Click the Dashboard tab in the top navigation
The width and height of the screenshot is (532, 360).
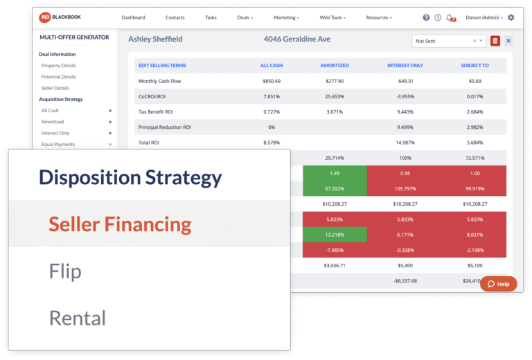(x=133, y=17)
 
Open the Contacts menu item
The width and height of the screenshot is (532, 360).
(x=175, y=17)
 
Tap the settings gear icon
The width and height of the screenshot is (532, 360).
(x=511, y=17)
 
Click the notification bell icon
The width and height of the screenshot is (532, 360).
(x=450, y=17)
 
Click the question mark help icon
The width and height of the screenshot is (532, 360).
(x=426, y=17)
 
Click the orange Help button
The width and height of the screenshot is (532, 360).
(x=498, y=284)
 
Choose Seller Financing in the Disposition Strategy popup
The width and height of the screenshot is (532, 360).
(x=120, y=224)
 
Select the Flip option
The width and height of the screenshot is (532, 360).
(x=65, y=271)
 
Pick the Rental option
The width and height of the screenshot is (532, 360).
(x=77, y=318)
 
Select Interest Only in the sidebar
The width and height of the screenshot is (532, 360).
(x=55, y=133)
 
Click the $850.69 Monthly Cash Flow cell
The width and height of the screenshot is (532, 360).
(x=272, y=81)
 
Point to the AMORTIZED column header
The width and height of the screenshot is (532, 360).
(x=334, y=65)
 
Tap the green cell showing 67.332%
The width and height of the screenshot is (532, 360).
(x=334, y=188)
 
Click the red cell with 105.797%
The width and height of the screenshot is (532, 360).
(x=402, y=188)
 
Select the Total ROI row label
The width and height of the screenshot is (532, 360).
(x=150, y=141)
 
